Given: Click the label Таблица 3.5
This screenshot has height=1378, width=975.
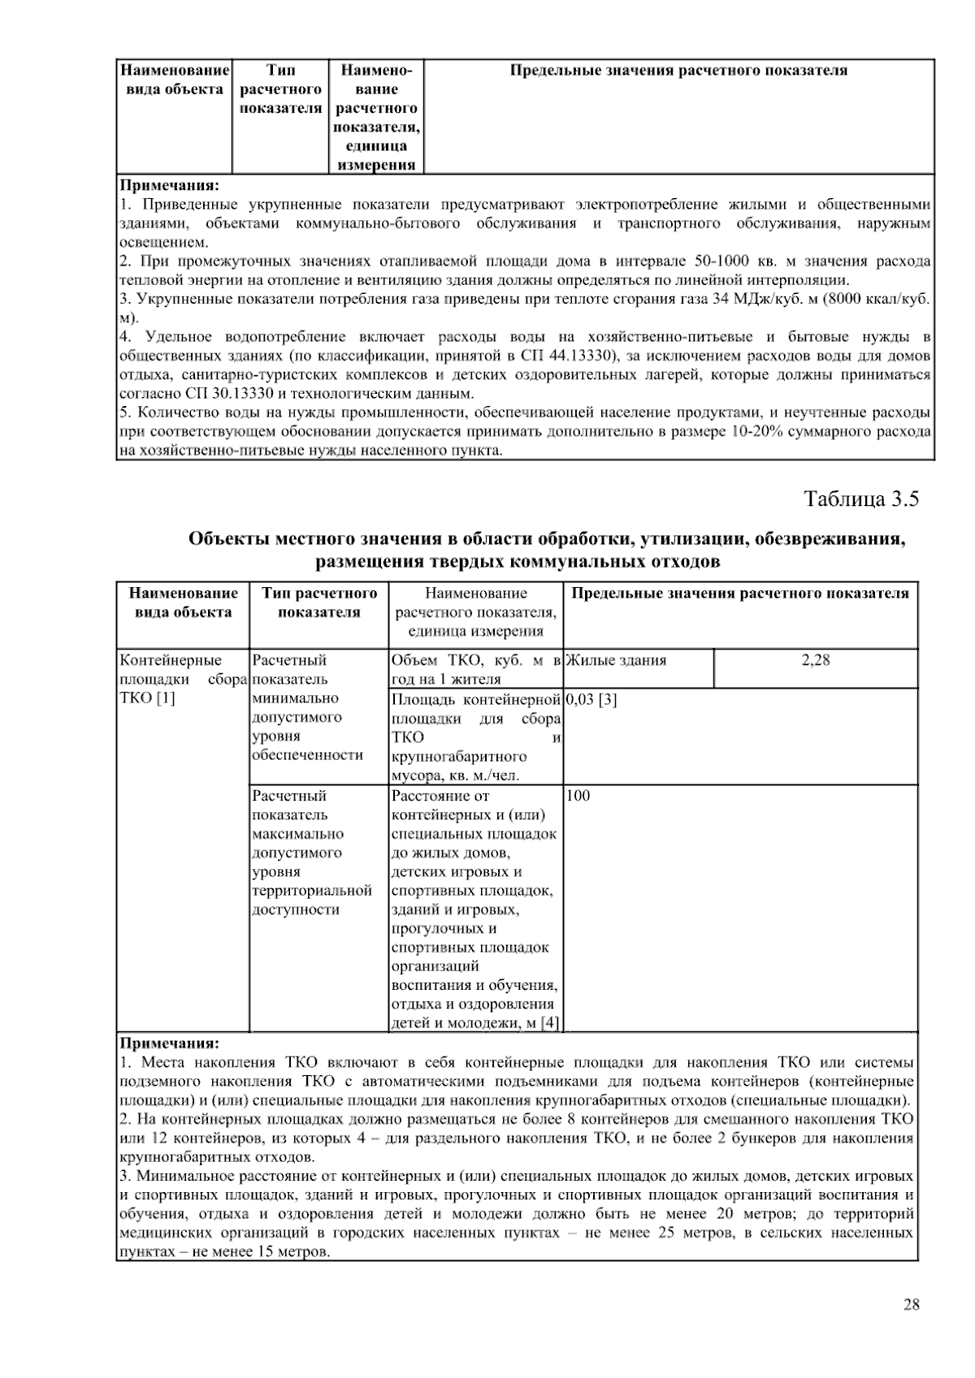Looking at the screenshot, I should (861, 499).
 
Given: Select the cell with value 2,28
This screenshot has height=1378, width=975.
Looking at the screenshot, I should (816, 661).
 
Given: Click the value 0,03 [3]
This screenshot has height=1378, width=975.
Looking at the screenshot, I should (591, 699).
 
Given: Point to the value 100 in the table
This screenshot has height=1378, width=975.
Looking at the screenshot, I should (578, 796).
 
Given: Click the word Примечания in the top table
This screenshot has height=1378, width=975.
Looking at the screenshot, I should (169, 184).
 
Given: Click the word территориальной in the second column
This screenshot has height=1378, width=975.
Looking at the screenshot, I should (312, 891).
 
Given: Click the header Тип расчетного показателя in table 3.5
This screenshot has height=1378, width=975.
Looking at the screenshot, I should (319, 603).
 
